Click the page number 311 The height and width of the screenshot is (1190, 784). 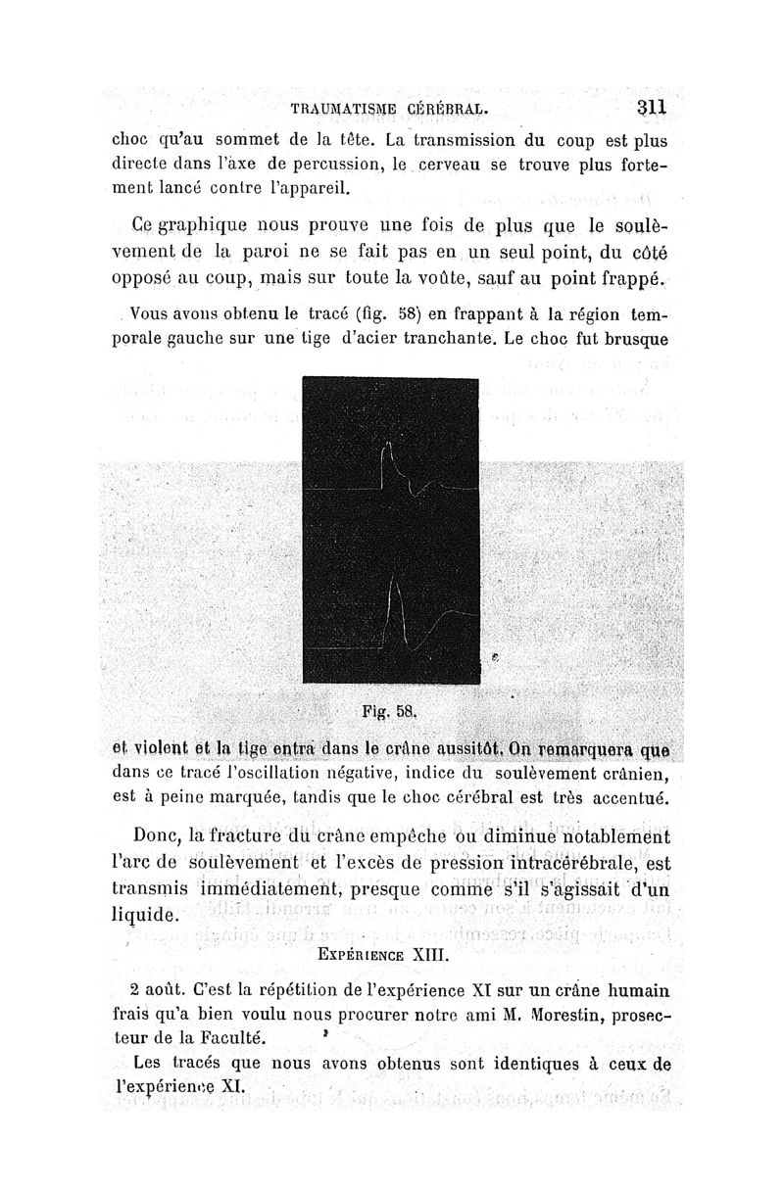652,108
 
